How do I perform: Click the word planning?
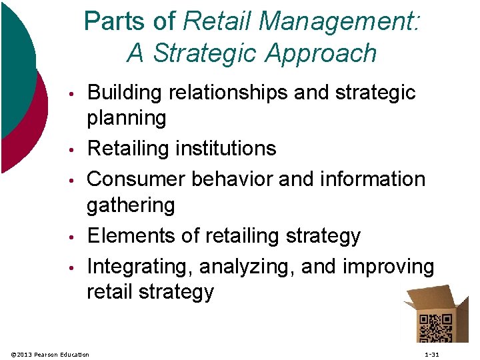click(127, 119)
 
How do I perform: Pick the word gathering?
click(131, 205)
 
